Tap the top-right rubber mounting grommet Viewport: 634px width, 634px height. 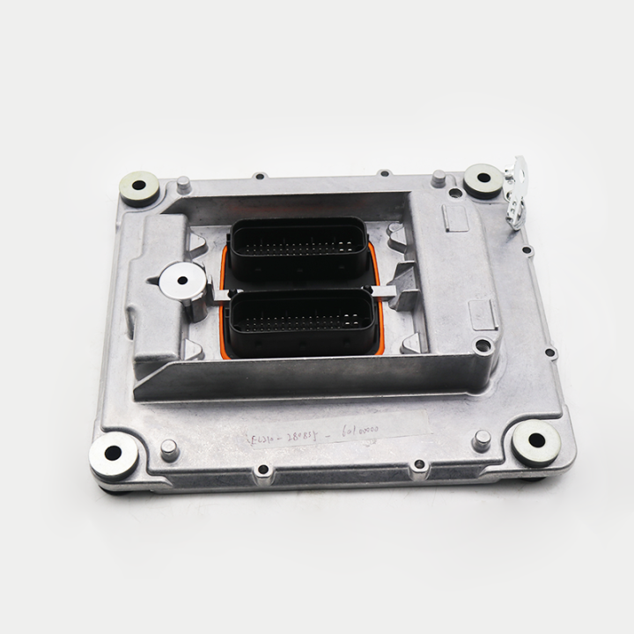[x=483, y=179]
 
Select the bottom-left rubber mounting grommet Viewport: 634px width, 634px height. [x=114, y=453]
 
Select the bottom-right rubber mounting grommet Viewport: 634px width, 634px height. [x=536, y=442]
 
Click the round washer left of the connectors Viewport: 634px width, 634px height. [x=181, y=281]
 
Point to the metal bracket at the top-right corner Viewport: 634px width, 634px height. [x=515, y=190]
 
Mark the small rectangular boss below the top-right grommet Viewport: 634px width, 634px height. [x=483, y=311]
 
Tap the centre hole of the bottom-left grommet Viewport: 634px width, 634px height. [x=114, y=453]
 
